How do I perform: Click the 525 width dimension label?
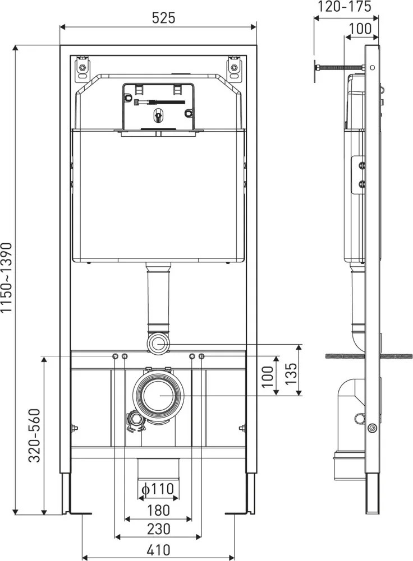coord(163,18)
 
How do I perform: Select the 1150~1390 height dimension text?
coord(7,277)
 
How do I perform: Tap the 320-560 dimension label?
coord(35,435)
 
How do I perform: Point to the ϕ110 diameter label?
coord(158,489)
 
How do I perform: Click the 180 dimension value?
coord(158,511)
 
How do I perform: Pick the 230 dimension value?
coord(158,529)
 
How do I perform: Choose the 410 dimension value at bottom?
coord(158,550)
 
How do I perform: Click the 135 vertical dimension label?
coord(291,373)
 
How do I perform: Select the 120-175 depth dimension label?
coord(344,6)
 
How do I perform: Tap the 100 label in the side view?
coord(360,29)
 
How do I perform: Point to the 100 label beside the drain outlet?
coord(268,377)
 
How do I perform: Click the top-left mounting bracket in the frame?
coord(82,67)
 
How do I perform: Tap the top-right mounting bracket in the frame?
coord(234,67)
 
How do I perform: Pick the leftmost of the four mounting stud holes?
coord(116,356)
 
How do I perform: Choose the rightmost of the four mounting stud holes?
coord(201,356)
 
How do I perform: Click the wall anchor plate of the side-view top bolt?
coord(315,71)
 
